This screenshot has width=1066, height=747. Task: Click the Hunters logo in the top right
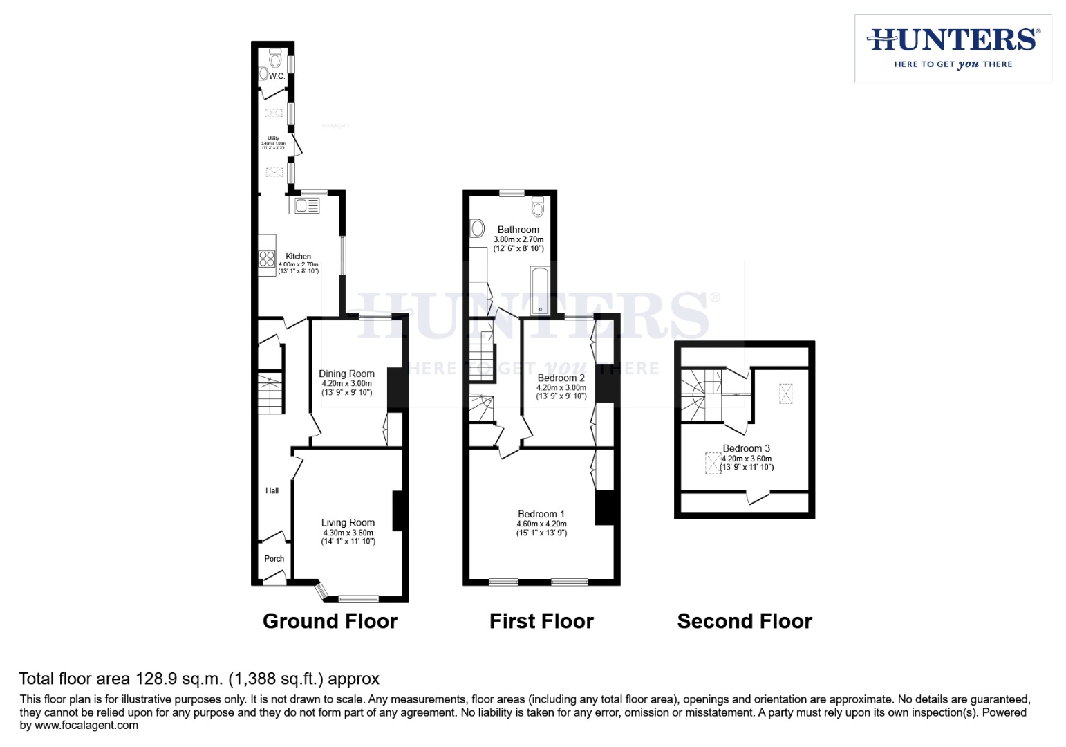[953, 48]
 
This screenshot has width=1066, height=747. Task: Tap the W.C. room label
[277, 76]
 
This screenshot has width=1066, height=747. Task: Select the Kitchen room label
[298, 256]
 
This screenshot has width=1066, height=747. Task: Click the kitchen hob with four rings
[267, 259]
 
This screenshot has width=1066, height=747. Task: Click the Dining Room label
[346, 373]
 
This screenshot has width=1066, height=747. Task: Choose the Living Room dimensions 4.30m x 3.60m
[348, 533]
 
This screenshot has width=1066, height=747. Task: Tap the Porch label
[274, 558]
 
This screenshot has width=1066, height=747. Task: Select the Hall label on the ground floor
[272, 490]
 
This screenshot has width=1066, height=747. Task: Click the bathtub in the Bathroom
[539, 290]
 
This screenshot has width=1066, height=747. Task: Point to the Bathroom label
[518, 230]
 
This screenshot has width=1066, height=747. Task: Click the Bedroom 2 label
[561, 378]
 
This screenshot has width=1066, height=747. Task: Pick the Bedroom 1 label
[541, 514]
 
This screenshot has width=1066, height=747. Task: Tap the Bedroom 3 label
[746, 448]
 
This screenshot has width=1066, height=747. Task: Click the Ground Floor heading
[330, 621]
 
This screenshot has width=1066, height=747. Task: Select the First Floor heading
[541, 621]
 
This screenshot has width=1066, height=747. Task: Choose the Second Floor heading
[745, 621]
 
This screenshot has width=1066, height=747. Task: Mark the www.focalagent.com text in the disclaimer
[86, 726]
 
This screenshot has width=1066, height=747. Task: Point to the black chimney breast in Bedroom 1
[604, 508]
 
